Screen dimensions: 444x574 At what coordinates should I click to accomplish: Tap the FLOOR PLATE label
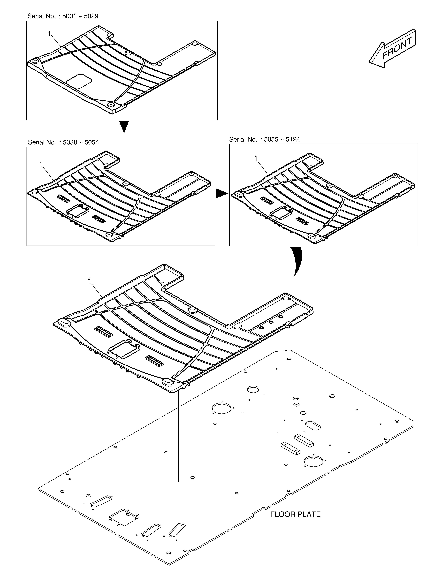pyautogui.click(x=295, y=514)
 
